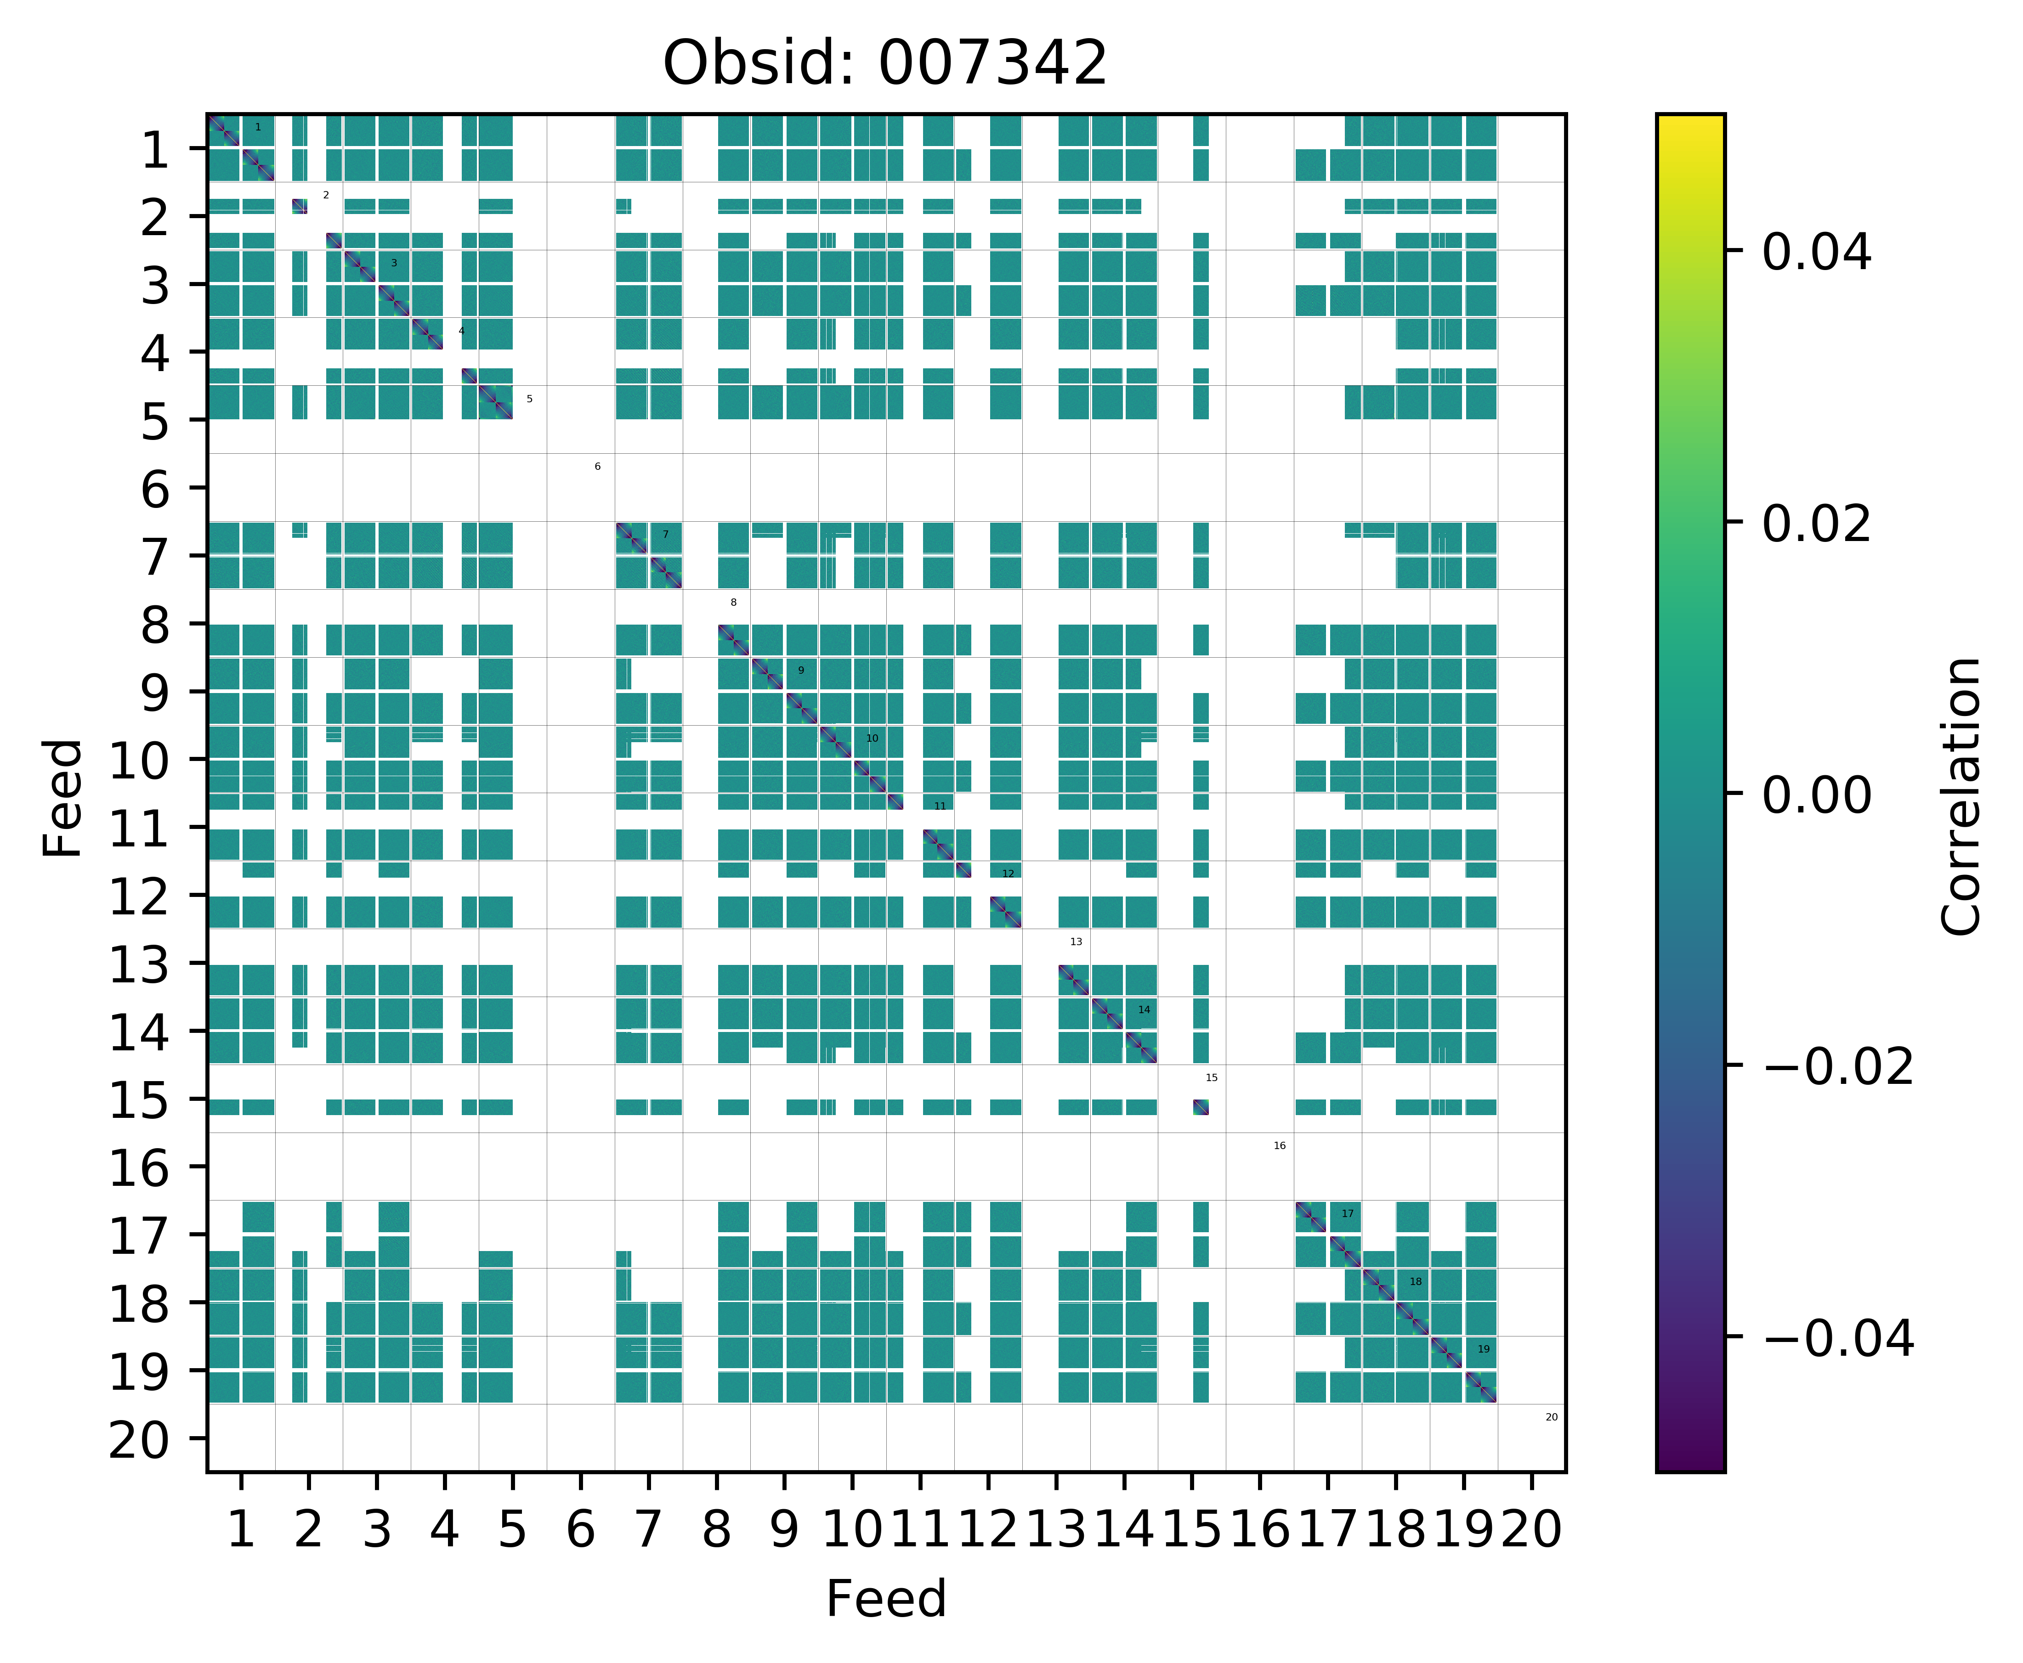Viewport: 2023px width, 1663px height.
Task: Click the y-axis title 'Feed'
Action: click(x=63, y=797)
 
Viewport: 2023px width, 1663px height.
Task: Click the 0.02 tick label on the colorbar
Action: click(x=1816, y=524)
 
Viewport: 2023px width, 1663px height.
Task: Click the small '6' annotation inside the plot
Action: click(x=597, y=467)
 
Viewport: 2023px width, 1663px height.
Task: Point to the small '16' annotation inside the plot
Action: click(x=1279, y=1146)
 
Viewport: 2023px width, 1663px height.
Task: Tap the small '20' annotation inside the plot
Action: click(x=1552, y=1417)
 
